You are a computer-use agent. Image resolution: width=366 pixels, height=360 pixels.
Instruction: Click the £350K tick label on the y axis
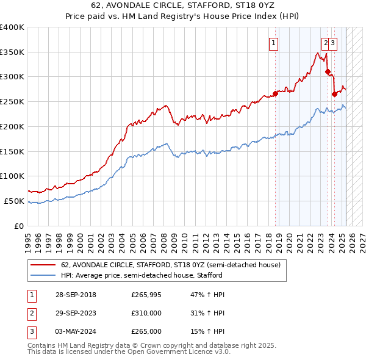[x=12, y=52]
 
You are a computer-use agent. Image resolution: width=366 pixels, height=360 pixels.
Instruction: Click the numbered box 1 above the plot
[x=274, y=43]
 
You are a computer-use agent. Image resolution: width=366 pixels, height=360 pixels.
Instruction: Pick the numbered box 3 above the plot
[x=334, y=43]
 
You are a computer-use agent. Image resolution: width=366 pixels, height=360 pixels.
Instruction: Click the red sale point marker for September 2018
[x=275, y=93]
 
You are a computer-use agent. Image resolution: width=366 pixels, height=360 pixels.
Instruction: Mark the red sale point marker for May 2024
[x=334, y=94]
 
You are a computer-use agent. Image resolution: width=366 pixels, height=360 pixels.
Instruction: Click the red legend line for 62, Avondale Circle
[x=43, y=265]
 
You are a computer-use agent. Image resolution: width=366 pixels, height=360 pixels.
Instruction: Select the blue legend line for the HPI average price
[x=43, y=276]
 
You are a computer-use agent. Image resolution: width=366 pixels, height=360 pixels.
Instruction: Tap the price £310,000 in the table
[x=146, y=313]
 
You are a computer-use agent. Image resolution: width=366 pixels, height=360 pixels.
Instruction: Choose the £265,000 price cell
[x=146, y=331]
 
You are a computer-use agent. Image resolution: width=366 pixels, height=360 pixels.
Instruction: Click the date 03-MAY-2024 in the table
[x=75, y=331]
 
